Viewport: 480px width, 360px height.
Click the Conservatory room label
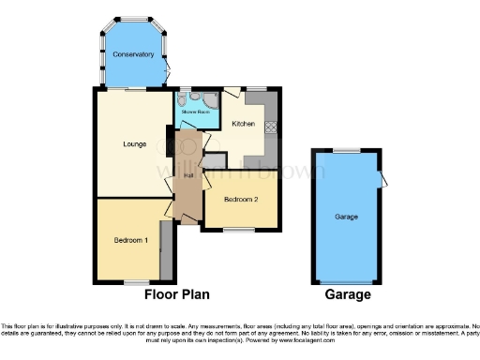tap(132, 54)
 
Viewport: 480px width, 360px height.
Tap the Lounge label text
tap(132, 143)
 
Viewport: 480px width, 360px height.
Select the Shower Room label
tap(195, 112)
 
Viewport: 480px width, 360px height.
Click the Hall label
tap(188, 175)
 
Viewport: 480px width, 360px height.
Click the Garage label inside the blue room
tap(348, 217)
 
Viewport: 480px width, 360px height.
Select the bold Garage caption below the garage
tap(348, 294)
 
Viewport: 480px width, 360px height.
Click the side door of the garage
tap(382, 181)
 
